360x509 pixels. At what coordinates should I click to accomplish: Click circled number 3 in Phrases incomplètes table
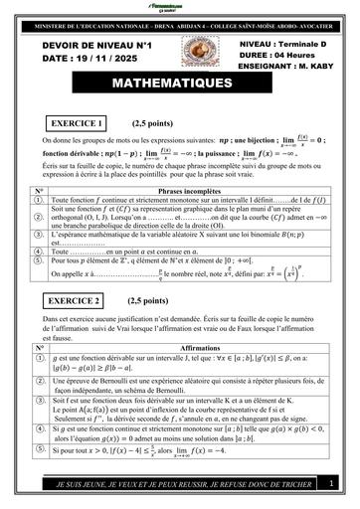tap(39, 235)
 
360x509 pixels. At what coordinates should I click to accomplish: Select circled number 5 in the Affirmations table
tap(39, 450)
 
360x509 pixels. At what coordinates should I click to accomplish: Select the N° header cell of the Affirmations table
tap(39, 348)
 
